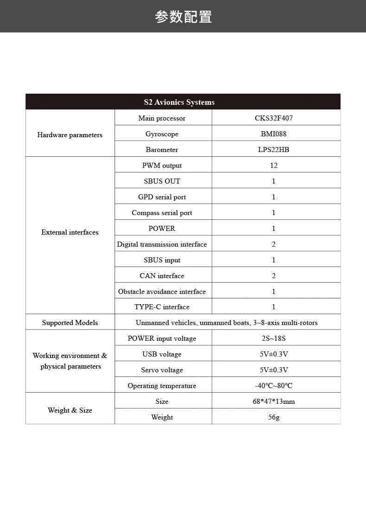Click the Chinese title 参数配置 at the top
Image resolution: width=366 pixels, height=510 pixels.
pos(183,17)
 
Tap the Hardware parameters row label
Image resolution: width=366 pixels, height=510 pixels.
pos(70,135)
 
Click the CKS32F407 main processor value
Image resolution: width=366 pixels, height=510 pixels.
pos(274,118)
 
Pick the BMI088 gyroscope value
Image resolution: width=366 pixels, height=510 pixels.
pos(274,134)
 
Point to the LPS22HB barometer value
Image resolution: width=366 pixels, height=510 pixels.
pos(274,150)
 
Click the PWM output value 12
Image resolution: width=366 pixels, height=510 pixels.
pos(274,166)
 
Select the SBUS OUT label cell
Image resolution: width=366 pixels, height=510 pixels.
pos(162,181)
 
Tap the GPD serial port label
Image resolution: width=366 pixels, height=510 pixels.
pos(162,197)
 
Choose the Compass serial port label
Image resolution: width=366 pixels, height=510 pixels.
pos(162,213)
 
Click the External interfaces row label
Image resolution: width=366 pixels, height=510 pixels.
pos(70,232)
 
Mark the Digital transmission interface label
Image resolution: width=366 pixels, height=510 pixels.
pos(162,244)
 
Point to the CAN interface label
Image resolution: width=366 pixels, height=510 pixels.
pos(162,276)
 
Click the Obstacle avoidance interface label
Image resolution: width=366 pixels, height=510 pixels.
pos(162,292)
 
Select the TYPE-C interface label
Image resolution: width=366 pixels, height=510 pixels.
pos(162,307)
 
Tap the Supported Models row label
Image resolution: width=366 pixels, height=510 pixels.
pos(70,323)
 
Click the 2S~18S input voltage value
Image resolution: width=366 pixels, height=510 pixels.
pos(274,338)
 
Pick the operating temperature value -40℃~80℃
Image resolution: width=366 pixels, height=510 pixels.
pos(274,386)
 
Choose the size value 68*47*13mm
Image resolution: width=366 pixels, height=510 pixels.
pos(274,402)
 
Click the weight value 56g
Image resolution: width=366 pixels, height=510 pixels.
pos(274,417)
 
